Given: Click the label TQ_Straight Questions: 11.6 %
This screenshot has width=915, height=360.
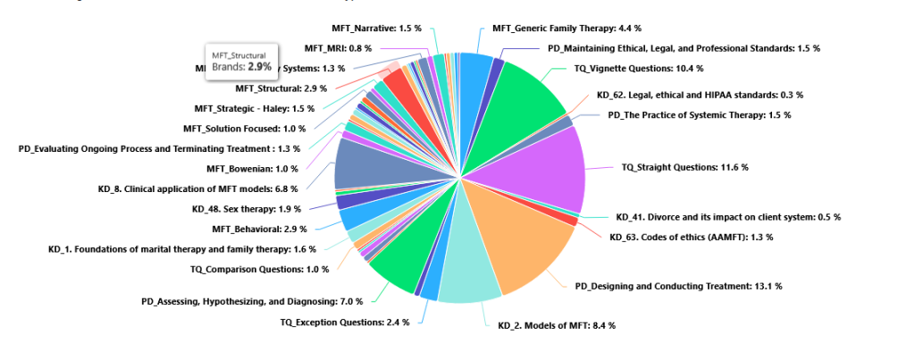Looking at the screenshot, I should coord(684,167).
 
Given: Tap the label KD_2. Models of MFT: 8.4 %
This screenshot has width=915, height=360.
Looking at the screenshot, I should coord(556,325).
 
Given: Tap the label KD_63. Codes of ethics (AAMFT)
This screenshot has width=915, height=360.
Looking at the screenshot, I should coord(691,237).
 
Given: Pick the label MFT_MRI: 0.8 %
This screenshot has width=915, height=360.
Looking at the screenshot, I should coord(338,48).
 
